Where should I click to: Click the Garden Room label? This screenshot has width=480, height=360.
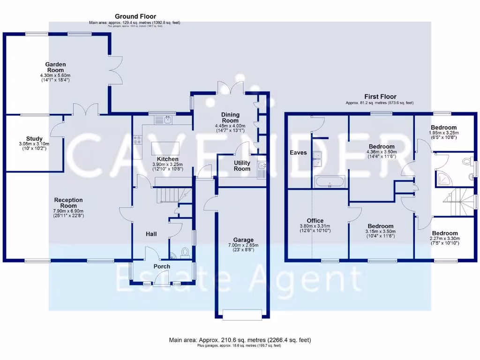55,67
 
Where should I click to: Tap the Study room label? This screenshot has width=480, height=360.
34,139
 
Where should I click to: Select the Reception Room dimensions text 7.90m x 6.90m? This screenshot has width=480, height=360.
68,211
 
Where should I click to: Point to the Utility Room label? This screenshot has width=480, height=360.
242,165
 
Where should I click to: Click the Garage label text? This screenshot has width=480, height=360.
243,240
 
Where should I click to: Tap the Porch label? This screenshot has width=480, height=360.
162,267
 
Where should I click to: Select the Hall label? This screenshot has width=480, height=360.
150,234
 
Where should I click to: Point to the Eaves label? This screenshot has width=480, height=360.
298,152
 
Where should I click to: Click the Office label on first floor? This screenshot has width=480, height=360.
315,220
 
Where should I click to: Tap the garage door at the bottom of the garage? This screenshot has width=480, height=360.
242,315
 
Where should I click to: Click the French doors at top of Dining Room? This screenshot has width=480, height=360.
230,88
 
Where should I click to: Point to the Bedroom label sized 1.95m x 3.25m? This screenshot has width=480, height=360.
444,127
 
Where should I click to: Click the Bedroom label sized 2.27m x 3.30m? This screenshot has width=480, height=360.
445,233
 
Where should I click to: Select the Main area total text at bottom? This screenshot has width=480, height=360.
240,340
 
